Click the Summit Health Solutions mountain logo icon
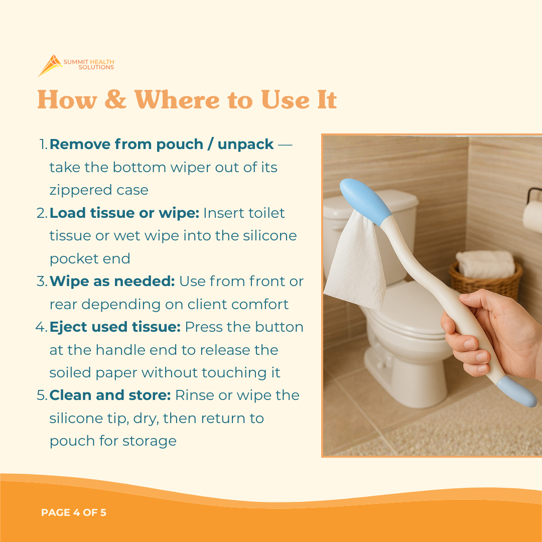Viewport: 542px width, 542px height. tap(50, 65)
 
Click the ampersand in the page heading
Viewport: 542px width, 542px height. tap(115, 99)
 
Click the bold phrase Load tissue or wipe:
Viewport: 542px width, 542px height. tap(124, 213)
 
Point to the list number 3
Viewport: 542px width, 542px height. tap(42, 282)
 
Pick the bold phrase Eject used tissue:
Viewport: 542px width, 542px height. tap(115, 327)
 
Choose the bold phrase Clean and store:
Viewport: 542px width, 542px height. tap(110, 395)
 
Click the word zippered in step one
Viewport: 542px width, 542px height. tap(79, 191)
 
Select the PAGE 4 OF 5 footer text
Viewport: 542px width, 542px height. tap(74, 512)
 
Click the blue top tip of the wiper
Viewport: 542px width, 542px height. tap(366, 200)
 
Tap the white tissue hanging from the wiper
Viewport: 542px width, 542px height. tap(355, 261)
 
